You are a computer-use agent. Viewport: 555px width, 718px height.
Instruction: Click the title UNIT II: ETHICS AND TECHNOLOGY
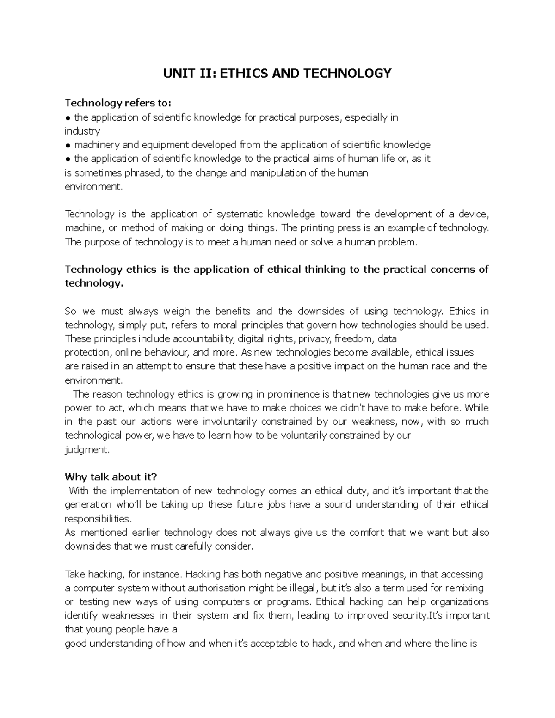[277, 73]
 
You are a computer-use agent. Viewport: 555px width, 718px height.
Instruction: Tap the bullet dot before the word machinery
[68, 145]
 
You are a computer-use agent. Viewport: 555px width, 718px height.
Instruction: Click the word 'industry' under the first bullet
[82, 131]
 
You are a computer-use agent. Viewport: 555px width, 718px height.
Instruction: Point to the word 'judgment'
[87, 449]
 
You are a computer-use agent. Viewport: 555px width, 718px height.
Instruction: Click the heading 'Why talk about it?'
[111, 477]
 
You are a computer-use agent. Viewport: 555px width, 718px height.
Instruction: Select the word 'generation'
[88, 504]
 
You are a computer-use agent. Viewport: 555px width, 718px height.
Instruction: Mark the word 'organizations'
[459, 602]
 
